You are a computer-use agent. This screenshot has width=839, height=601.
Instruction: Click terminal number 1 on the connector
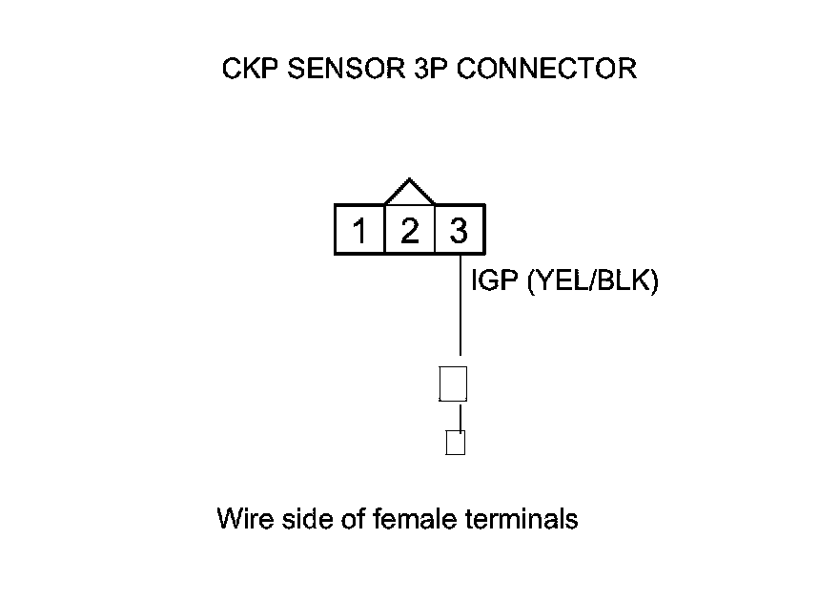[x=359, y=231]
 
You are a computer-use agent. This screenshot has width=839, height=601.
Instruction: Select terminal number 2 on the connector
[x=409, y=231]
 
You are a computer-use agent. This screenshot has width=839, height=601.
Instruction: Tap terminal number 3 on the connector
[x=459, y=231]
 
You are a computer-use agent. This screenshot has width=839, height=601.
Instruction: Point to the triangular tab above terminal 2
[x=409, y=192]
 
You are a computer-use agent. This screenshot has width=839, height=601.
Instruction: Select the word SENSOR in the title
[x=334, y=70]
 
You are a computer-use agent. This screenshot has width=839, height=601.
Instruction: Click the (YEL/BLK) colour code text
[x=592, y=282]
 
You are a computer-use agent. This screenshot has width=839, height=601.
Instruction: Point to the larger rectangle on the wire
[x=453, y=383]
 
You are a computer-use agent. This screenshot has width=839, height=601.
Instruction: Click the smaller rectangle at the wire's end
[x=456, y=443]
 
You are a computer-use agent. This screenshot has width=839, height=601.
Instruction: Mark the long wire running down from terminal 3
[x=460, y=305]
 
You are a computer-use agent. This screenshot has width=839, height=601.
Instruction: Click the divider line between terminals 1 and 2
[x=384, y=231]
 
